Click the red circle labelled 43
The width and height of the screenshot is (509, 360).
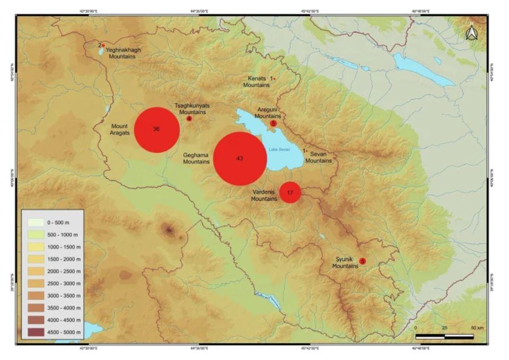[x=240, y=158]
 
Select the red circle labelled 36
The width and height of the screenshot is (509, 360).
[x=157, y=130]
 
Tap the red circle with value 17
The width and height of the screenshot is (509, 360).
[x=290, y=192]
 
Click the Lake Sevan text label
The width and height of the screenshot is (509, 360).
[x=279, y=149]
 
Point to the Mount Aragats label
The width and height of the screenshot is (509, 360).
[x=121, y=129]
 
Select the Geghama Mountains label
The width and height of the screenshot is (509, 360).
[x=196, y=158]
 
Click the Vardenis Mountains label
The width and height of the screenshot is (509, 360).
[x=264, y=195]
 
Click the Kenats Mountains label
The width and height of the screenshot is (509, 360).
[x=256, y=82]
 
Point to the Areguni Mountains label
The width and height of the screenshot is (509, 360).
[x=268, y=112]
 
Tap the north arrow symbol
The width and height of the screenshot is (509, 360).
[x=470, y=34]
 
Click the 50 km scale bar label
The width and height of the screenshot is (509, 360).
[x=477, y=328]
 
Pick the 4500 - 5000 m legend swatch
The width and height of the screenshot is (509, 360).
[x=35, y=332]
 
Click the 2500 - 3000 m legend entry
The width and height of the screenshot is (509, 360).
[x=50, y=282]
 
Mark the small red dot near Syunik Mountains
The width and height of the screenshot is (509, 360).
[x=363, y=261]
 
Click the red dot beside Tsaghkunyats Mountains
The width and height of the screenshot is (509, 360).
[x=189, y=118]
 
